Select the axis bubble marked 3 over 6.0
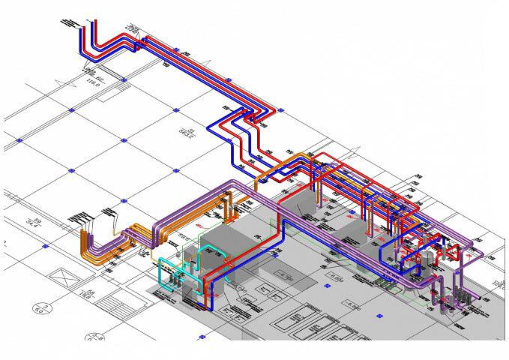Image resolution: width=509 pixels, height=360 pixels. pyautogui.click(x=43, y=307)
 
